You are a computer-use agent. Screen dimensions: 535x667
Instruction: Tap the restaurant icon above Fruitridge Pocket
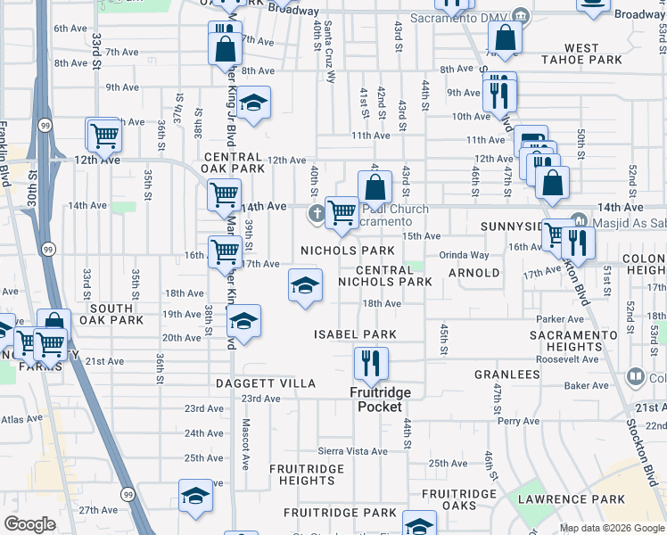(366, 363)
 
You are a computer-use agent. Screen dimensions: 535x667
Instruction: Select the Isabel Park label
(354, 333)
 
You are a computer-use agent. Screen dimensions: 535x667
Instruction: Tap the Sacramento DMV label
(461, 17)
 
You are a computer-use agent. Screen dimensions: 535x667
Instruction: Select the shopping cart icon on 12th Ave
(104, 136)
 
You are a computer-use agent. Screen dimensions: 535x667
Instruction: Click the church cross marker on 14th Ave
(317, 212)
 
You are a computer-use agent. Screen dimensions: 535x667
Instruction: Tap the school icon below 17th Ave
(305, 286)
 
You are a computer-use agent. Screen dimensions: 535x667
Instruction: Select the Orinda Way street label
(464, 254)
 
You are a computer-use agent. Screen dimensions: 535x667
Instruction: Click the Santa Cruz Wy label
(329, 53)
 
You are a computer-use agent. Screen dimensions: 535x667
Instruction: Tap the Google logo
(29, 524)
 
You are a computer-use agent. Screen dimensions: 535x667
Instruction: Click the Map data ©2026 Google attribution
(612, 528)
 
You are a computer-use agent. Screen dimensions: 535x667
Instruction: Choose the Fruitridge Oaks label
(458, 500)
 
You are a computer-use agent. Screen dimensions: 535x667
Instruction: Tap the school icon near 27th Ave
(195, 497)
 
